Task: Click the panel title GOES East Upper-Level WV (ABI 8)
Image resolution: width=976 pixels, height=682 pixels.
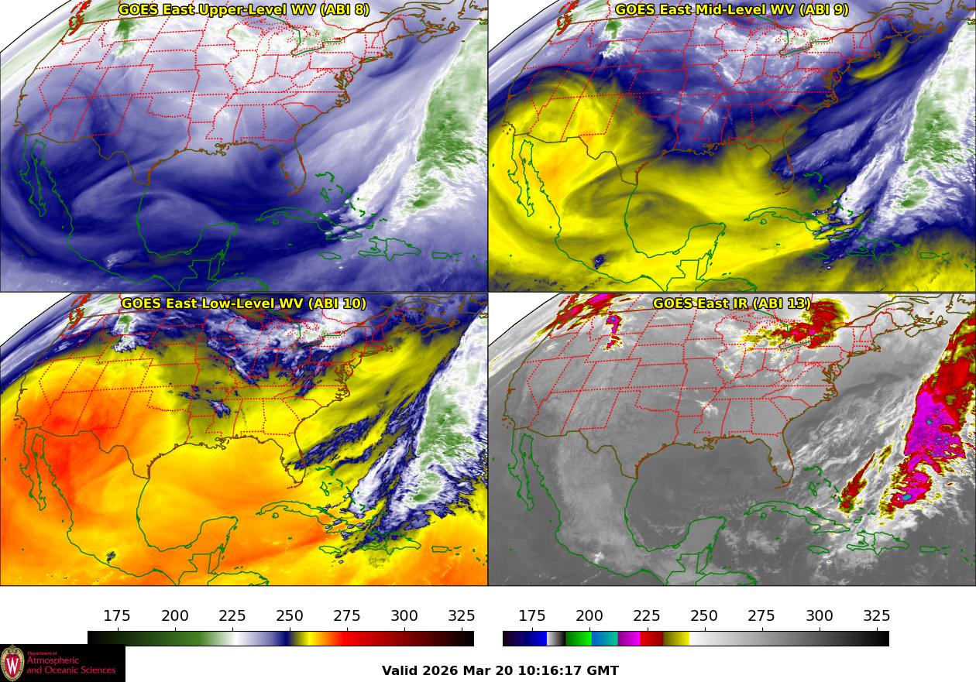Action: [244, 10]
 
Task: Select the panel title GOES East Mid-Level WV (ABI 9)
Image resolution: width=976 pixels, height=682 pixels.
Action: [732, 10]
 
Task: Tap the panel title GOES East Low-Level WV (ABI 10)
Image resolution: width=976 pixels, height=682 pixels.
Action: [244, 303]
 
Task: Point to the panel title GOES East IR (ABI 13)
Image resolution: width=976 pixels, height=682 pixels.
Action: [732, 303]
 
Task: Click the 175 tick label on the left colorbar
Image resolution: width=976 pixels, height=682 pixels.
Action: [117, 616]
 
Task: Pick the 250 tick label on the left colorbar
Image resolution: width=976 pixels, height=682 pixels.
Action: [290, 616]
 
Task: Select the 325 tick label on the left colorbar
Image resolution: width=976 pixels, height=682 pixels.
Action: [462, 616]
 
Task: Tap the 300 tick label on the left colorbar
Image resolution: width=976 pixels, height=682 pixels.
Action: [404, 616]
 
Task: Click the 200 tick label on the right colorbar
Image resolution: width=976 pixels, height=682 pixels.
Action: [589, 616]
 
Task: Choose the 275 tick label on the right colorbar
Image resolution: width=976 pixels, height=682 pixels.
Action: [761, 616]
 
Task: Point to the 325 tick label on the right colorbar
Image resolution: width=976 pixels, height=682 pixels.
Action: [877, 616]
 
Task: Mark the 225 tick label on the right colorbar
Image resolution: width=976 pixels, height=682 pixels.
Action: [647, 616]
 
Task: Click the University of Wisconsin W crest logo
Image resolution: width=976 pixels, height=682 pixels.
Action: [12, 663]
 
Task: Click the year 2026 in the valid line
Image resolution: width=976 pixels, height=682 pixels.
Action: [441, 670]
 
